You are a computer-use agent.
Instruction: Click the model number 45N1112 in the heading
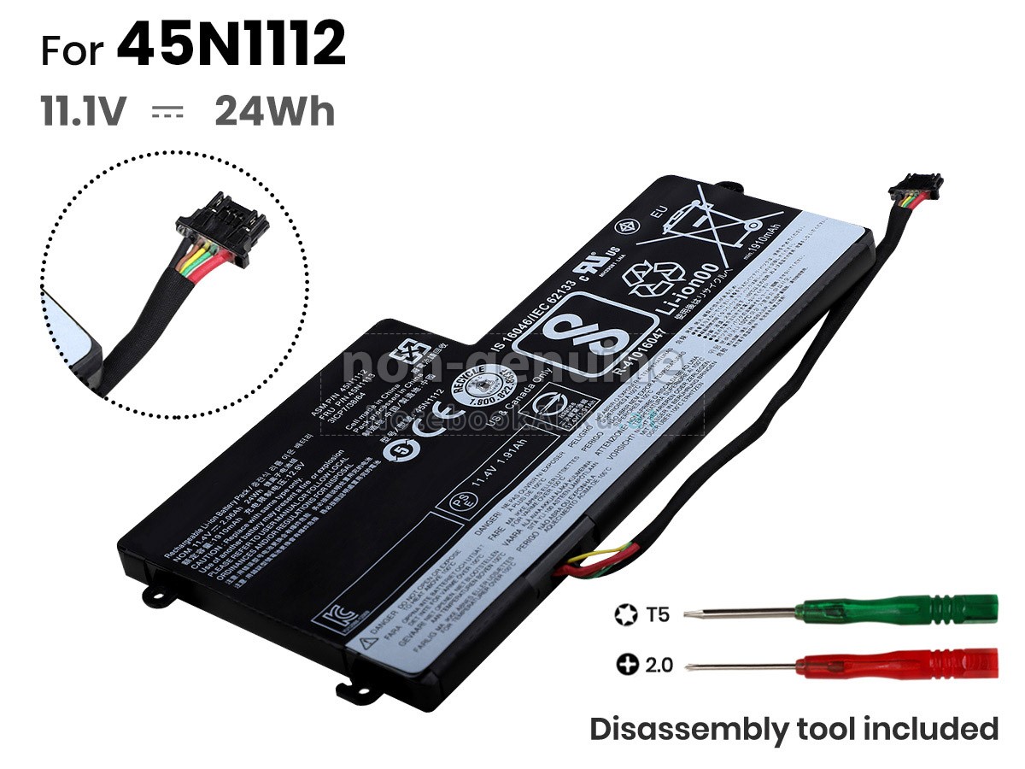tap(231, 47)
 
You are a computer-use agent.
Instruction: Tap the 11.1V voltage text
tap(84, 112)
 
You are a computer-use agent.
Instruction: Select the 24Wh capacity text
tap(274, 112)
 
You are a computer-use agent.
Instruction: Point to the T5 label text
tap(659, 613)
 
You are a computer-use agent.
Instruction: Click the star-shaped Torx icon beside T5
tap(624, 613)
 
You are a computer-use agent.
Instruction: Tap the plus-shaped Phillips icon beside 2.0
tap(628, 663)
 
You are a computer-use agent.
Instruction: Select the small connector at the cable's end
tap(916, 185)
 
